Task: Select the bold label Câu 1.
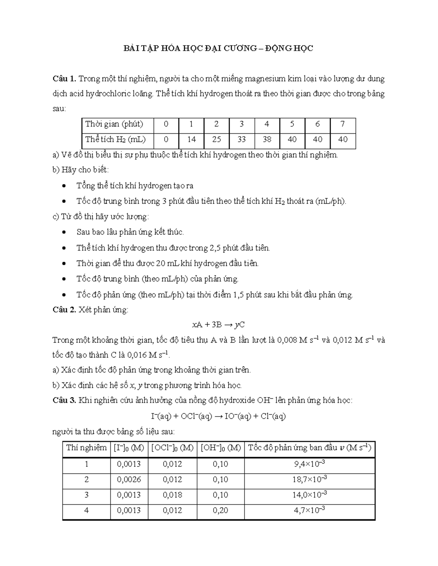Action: pyautogui.click(x=64, y=79)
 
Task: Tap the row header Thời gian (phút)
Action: pyautogui.click(x=114, y=124)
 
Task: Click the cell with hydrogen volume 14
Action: pyautogui.click(x=191, y=140)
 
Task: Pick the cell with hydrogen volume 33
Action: pyautogui.click(x=241, y=140)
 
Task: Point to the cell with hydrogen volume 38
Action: pyautogui.click(x=267, y=140)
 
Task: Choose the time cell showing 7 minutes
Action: pyautogui.click(x=342, y=124)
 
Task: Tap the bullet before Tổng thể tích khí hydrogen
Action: pyautogui.click(x=65, y=186)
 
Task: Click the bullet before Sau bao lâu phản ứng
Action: pyautogui.click(x=65, y=233)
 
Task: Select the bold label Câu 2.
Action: pyautogui.click(x=64, y=310)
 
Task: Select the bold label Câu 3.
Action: pyautogui.click(x=64, y=401)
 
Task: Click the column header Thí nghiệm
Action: pyautogui.click(x=87, y=448)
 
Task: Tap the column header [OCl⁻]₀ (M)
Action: pyautogui.click(x=172, y=448)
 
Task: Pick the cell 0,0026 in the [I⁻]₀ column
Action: pyautogui.click(x=129, y=480)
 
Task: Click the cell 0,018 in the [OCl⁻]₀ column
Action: pyautogui.click(x=172, y=495)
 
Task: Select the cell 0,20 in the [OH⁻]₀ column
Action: pyautogui.click(x=220, y=510)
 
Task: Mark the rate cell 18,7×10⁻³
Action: pyautogui.click(x=310, y=480)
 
